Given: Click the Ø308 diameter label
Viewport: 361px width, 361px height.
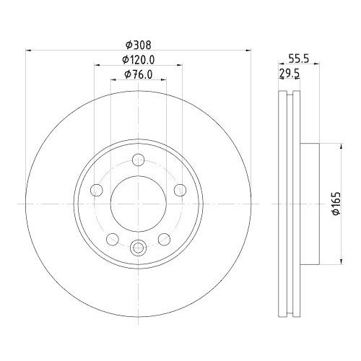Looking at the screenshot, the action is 139,45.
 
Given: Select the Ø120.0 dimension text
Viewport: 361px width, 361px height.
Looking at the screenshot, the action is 138,60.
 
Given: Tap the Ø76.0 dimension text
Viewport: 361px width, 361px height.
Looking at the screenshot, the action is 139,74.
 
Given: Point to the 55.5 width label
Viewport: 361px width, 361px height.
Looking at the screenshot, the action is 299,58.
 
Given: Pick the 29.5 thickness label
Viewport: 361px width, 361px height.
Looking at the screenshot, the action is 290,73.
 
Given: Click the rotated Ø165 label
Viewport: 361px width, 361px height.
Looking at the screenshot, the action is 336,204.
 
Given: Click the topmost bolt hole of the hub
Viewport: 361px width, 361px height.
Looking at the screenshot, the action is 139,160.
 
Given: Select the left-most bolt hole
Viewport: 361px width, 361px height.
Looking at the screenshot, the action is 97,190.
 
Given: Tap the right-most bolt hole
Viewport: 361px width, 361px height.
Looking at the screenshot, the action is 180,190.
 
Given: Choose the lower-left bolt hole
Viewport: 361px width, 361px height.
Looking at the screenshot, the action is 113,240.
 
